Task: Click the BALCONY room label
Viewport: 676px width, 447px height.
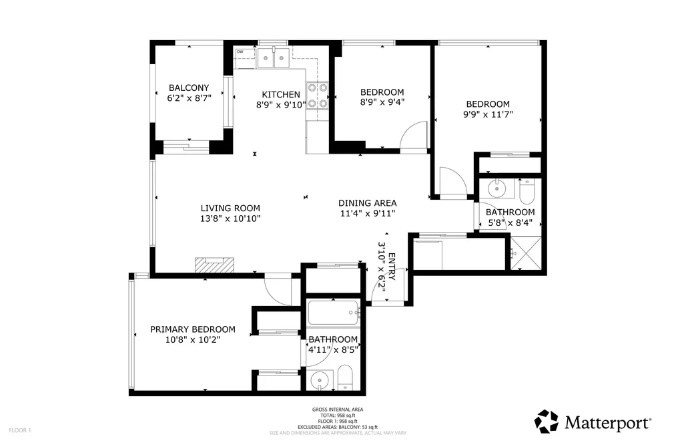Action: pos(189,88)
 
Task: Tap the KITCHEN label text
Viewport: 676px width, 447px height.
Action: pos(281,94)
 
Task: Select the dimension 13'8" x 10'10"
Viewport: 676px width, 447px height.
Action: pos(230,218)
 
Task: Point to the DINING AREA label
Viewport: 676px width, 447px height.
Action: pos(367,203)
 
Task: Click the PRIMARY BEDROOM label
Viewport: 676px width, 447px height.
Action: pos(193,329)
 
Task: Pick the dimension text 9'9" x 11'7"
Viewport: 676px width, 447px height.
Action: pos(488,114)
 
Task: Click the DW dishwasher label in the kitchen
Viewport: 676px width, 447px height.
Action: pos(240,51)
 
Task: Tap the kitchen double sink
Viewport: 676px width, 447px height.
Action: pos(274,58)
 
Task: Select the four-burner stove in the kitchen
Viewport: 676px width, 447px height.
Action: pos(317,96)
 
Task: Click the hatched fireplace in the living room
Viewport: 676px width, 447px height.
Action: pos(214,265)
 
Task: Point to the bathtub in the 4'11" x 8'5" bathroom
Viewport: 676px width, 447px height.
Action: pos(334,313)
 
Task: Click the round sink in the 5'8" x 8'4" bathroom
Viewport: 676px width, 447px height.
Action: pos(497,188)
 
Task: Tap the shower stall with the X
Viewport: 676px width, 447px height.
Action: pos(526,253)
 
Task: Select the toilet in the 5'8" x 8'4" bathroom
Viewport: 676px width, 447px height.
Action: pos(527,191)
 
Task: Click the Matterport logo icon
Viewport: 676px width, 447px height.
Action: pos(547,422)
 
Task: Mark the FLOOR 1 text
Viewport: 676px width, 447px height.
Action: pos(20,430)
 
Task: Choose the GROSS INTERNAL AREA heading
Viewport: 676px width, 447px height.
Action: pos(338,410)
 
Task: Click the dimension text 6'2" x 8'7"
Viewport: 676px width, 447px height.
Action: pos(189,98)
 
